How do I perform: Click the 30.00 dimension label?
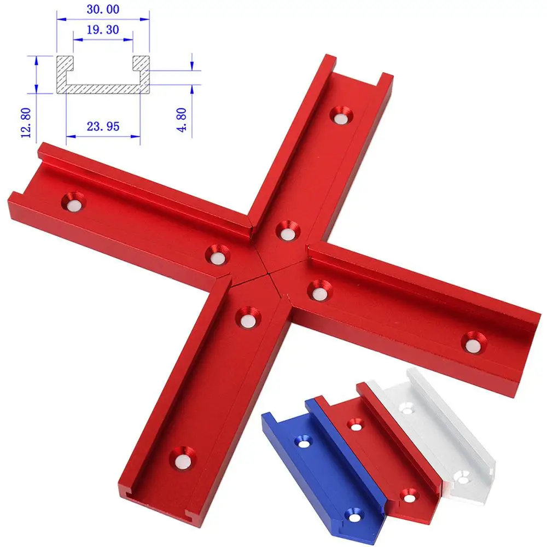point(103,9)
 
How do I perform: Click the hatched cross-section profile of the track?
point(103,82)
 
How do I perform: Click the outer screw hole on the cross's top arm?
point(343,115)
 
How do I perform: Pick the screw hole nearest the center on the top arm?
point(286,230)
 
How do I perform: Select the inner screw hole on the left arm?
point(217,254)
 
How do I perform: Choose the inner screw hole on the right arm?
point(319,290)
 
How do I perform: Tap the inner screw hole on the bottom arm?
point(247,317)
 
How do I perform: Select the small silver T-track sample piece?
point(438,432)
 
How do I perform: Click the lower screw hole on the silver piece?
point(462,480)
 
